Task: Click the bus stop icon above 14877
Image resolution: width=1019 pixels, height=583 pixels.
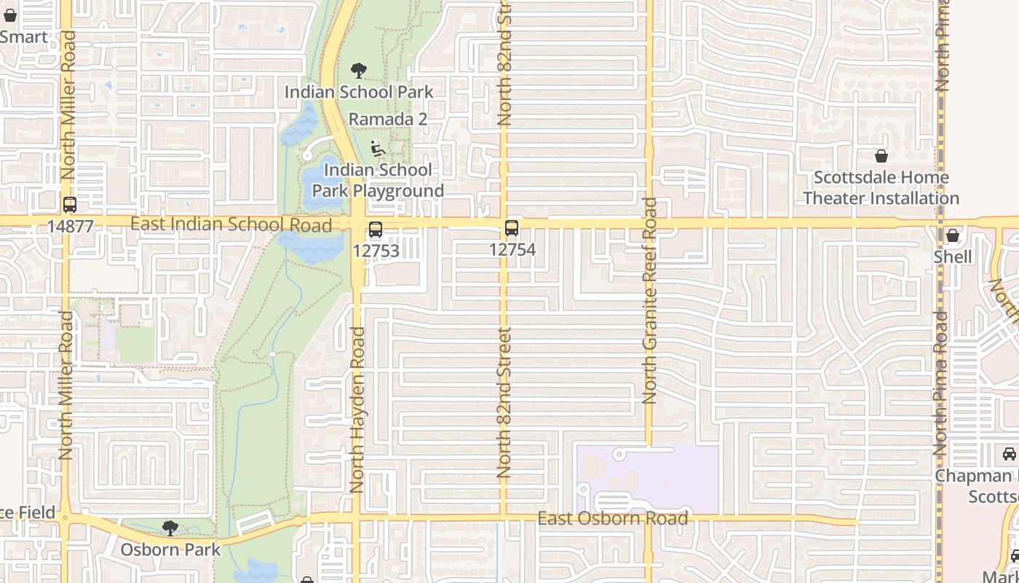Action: [x=70, y=206]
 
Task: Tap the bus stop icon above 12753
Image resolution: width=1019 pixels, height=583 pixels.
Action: [x=376, y=230]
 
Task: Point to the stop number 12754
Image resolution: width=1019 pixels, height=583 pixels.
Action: [x=512, y=250]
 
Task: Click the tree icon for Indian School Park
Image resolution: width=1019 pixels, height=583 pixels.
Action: [x=358, y=71]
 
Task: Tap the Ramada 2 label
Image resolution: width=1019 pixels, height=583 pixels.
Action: [x=387, y=119]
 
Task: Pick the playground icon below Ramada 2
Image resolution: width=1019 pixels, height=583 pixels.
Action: [x=377, y=149]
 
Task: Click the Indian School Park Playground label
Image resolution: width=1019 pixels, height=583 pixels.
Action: [x=378, y=181]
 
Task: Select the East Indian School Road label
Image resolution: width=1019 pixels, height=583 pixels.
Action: [x=231, y=224]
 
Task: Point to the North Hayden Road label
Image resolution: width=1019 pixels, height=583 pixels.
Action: [x=357, y=409]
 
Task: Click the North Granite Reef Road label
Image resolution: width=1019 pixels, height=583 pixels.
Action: [x=650, y=300]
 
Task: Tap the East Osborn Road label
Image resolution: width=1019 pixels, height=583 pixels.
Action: [x=612, y=518]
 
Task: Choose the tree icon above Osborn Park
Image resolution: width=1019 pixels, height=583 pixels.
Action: [x=170, y=528]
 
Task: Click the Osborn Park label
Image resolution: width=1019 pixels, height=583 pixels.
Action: [x=170, y=549]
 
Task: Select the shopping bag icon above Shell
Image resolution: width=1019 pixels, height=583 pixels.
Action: [x=953, y=236]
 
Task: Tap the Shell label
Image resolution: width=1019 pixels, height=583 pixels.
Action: [x=953, y=257]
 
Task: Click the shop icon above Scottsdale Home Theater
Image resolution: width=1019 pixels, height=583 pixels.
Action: [x=881, y=157]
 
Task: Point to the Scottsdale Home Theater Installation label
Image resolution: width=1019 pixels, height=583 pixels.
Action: [x=881, y=188]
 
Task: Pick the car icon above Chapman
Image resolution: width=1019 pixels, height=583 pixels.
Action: [x=1010, y=455]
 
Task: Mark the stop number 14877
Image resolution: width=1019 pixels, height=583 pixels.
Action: [x=70, y=227]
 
